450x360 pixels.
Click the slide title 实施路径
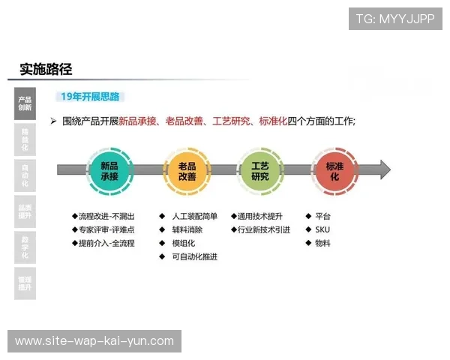point(46,70)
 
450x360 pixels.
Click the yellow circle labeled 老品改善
point(187,170)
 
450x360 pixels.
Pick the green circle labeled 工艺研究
point(260,170)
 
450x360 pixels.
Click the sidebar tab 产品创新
point(25,103)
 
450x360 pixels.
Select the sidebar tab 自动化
point(25,175)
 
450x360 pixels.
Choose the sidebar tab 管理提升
point(25,283)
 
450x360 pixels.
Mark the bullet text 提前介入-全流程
point(105,243)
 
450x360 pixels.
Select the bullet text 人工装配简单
point(194,216)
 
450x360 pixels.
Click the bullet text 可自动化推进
point(194,256)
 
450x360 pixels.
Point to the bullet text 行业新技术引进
point(263,229)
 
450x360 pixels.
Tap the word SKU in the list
point(322,229)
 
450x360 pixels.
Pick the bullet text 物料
point(322,243)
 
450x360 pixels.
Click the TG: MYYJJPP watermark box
point(395,18)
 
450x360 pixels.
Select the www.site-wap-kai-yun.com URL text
point(94,341)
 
